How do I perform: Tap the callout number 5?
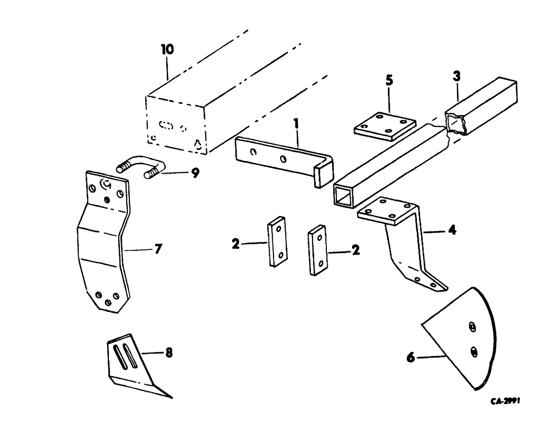pyautogui.click(x=389, y=79)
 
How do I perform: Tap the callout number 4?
pyautogui.click(x=453, y=230)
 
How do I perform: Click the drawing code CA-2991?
pyautogui.click(x=506, y=401)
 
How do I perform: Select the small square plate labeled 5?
pyautogui.click(x=386, y=127)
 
